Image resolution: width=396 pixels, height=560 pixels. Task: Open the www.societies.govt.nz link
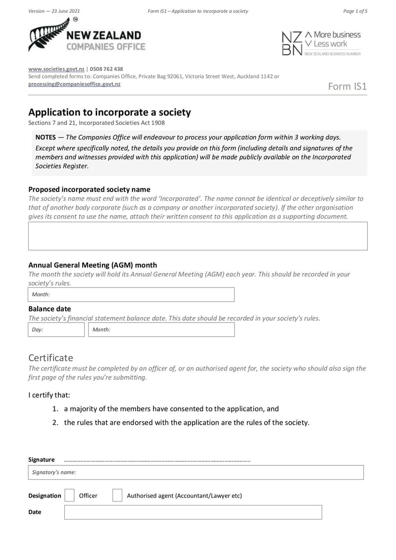(56, 69)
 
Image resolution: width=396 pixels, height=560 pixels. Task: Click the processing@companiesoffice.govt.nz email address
(74, 84)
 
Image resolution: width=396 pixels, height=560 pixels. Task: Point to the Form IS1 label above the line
(347, 87)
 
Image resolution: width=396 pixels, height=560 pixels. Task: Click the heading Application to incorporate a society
(109, 112)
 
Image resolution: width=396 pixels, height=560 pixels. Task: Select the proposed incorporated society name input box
(198, 236)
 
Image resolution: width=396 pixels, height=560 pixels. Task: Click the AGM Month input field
(131, 294)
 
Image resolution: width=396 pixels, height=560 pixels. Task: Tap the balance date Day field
(56, 330)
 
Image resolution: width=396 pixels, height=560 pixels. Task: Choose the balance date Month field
(161, 330)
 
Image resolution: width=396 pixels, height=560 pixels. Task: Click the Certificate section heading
(50, 357)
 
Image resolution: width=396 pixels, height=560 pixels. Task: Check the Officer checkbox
(70, 496)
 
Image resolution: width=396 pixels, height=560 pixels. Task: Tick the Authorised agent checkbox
(117, 496)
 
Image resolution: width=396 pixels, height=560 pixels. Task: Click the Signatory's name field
(196, 472)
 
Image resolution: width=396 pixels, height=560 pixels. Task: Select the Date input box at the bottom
(193, 512)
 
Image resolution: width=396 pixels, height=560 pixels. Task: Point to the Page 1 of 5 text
(355, 11)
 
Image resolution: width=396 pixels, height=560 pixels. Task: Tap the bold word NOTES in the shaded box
(46, 137)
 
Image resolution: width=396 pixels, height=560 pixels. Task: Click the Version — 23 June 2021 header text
(54, 11)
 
